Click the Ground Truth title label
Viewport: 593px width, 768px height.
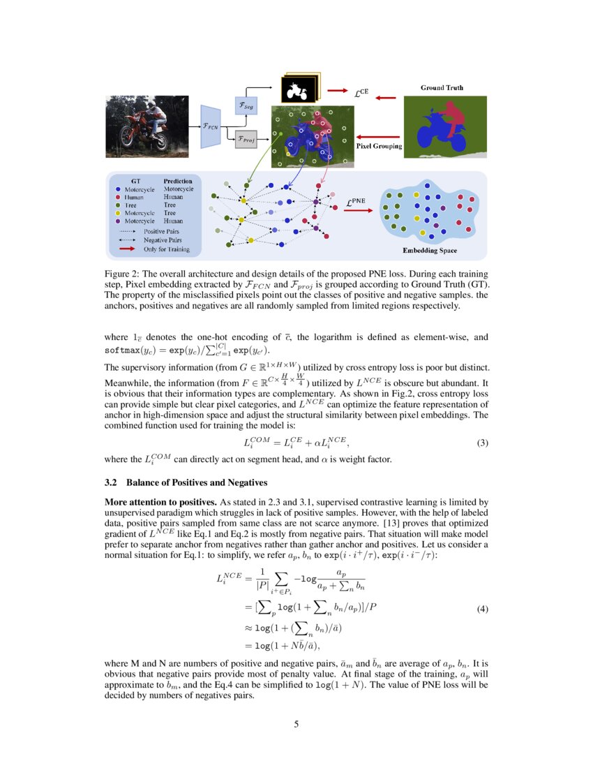(x=442, y=88)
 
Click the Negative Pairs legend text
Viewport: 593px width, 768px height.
(x=162, y=239)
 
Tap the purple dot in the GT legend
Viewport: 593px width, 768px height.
(x=118, y=221)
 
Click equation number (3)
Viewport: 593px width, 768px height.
(x=481, y=443)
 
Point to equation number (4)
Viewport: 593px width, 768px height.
(x=481, y=609)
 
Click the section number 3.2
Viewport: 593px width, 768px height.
(x=112, y=482)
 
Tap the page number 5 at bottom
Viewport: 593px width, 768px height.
(x=296, y=724)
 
